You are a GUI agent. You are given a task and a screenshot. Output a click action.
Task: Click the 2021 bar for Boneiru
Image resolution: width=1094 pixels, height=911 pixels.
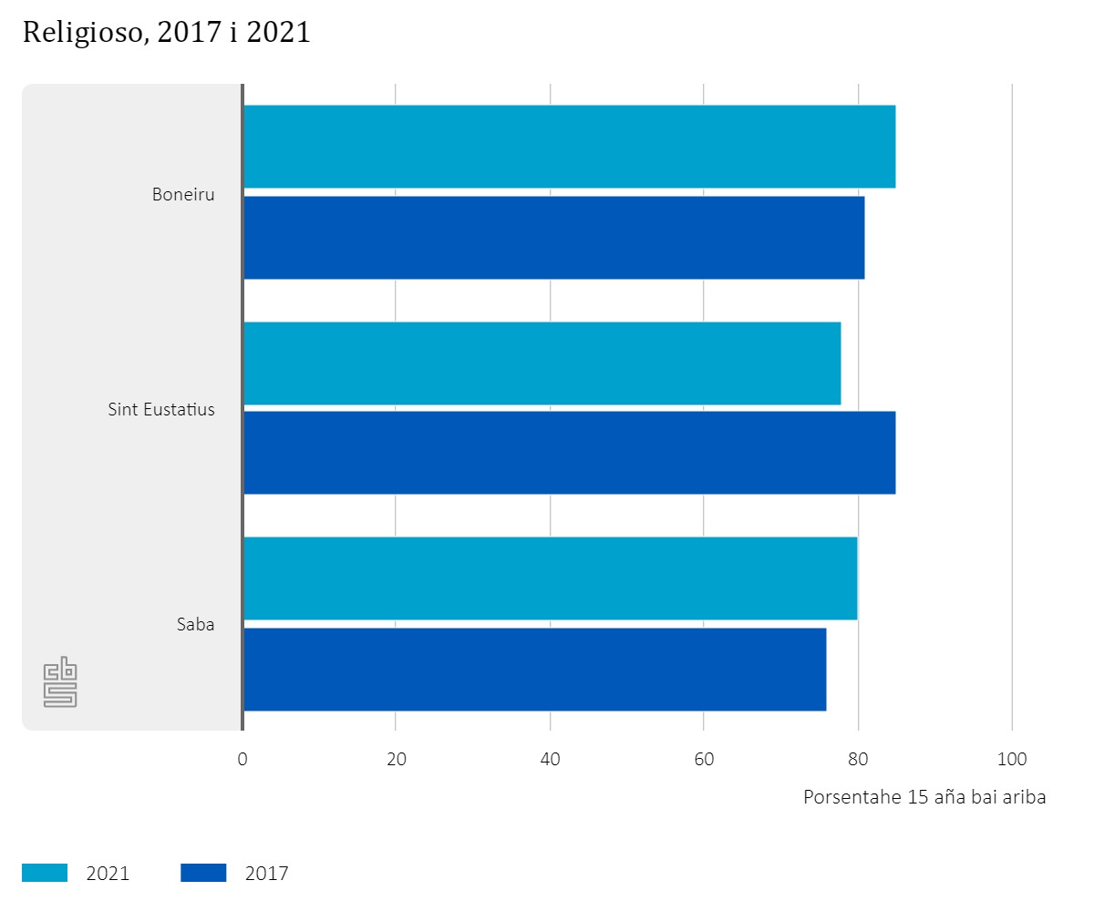569,147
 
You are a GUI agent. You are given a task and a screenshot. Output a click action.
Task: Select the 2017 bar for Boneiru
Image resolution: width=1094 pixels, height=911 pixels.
553,238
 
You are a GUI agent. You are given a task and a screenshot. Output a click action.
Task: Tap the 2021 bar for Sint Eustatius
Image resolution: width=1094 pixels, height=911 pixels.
542,363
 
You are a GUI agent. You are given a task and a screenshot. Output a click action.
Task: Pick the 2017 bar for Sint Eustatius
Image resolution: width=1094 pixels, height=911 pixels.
569,453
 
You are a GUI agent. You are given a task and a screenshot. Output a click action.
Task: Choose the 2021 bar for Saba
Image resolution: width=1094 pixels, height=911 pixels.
550,578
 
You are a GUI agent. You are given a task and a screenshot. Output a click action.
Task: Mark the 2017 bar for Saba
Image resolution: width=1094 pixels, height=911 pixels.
534,670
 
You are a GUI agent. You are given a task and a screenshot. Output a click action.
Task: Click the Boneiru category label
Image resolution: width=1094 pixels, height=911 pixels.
183,194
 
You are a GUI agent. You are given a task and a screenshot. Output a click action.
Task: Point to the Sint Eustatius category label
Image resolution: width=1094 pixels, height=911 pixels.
161,409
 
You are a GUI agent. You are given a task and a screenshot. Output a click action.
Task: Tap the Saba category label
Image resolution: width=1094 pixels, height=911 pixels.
195,625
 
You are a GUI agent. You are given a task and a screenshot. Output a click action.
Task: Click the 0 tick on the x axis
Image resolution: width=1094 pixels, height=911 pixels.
243,759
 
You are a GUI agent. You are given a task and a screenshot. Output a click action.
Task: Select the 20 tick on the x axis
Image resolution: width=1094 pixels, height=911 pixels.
396,759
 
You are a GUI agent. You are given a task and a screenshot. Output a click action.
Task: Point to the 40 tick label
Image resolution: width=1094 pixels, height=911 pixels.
550,759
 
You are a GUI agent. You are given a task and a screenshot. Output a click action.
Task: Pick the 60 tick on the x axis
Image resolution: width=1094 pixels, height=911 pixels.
704,759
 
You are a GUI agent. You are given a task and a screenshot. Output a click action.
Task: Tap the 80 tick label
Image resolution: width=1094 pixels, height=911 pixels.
858,759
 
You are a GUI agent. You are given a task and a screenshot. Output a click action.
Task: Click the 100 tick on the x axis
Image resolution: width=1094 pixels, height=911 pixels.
1012,759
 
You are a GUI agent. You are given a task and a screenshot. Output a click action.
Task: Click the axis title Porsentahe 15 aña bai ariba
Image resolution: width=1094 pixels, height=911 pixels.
924,797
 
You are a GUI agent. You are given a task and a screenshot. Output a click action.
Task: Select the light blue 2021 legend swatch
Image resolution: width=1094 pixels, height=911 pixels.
45,873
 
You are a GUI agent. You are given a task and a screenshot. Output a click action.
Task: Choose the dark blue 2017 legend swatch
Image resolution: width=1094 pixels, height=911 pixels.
203,873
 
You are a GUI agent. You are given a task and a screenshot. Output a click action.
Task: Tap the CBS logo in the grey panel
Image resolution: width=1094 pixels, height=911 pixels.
60,681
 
